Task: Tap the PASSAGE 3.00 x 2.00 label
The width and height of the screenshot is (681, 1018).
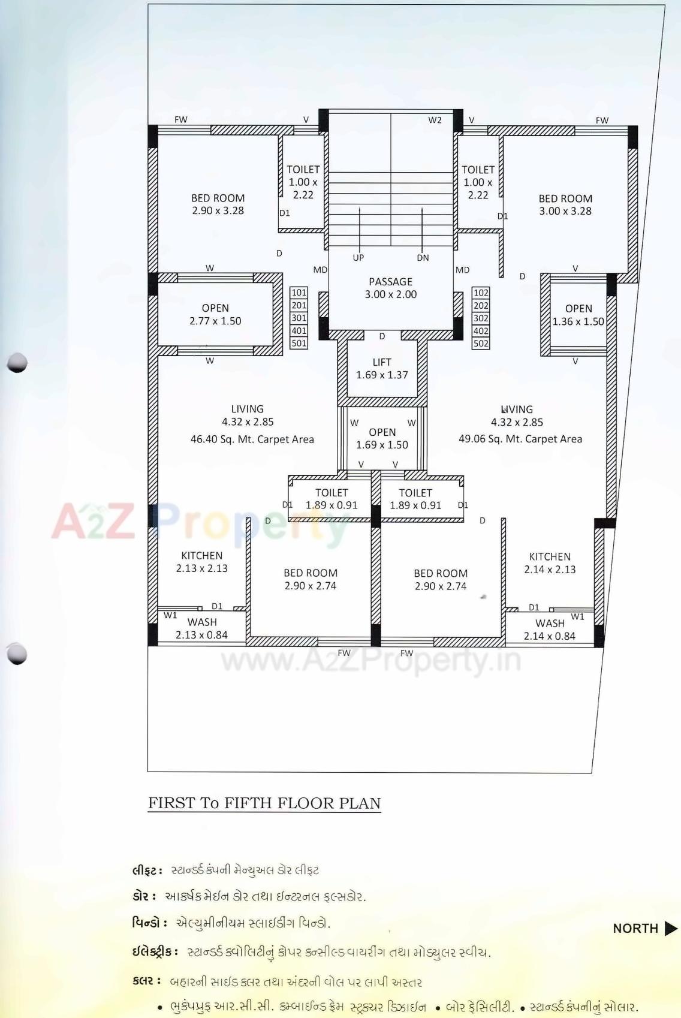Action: (x=390, y=288)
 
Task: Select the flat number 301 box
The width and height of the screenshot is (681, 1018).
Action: (x=299, y=318)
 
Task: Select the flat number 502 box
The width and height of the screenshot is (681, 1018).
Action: (x=481, y=344)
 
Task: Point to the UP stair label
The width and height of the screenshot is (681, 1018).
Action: (x=358, y=258)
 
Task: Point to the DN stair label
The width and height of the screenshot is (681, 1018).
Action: (x=423, y=258)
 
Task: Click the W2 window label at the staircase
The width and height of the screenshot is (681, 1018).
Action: (x=435, y=120)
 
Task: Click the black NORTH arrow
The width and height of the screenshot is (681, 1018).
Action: (x=671, y=929)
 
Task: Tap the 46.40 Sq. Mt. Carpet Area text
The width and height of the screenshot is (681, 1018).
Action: (x=252, y=439)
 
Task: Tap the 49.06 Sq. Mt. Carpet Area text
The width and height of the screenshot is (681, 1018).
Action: (x=520, y=439)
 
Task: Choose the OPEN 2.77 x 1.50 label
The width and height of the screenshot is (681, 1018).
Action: (x=215, y=315)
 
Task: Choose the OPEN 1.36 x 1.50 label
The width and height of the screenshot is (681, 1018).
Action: (x=578, y=315)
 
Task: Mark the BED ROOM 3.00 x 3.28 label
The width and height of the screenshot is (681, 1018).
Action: (x=565, y=204)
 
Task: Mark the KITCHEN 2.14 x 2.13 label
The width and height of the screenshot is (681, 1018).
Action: (x=550, y=563)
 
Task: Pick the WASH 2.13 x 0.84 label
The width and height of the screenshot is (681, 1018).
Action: (x=201, y=628)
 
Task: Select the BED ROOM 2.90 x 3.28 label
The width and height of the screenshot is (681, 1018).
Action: (x=218, y=204)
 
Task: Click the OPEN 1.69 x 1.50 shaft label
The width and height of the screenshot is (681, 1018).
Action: (x=382, y=438)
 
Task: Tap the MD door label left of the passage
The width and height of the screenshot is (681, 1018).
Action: (x=320, y=270)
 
